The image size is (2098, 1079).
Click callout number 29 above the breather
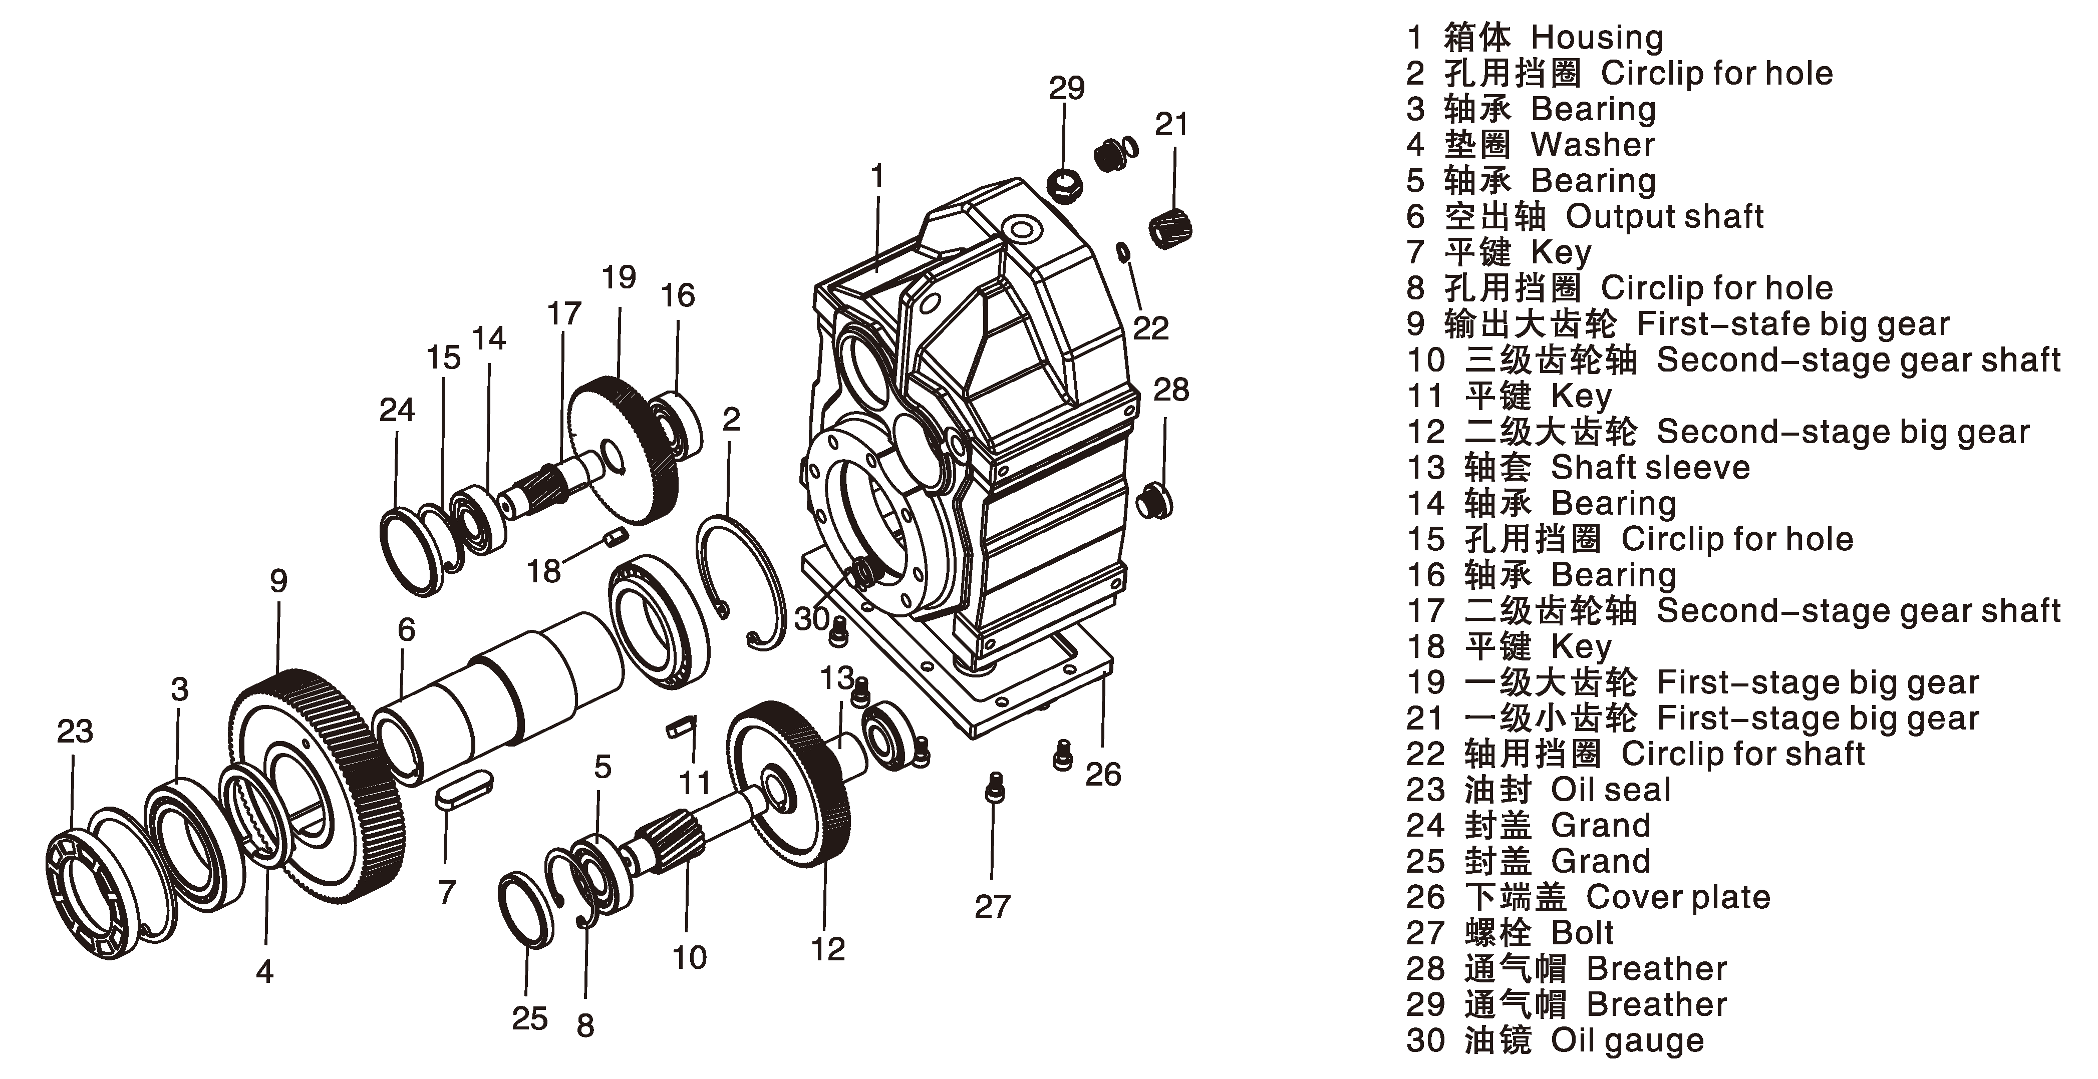click(x=1066, y=88)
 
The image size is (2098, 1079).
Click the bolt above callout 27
click(x=995, y=788)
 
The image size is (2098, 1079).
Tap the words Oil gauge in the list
click(x=1626, y=1041)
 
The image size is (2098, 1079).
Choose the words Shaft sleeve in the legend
click(x=1650, y=468)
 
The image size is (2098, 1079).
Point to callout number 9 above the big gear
click(x=278, y=581)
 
